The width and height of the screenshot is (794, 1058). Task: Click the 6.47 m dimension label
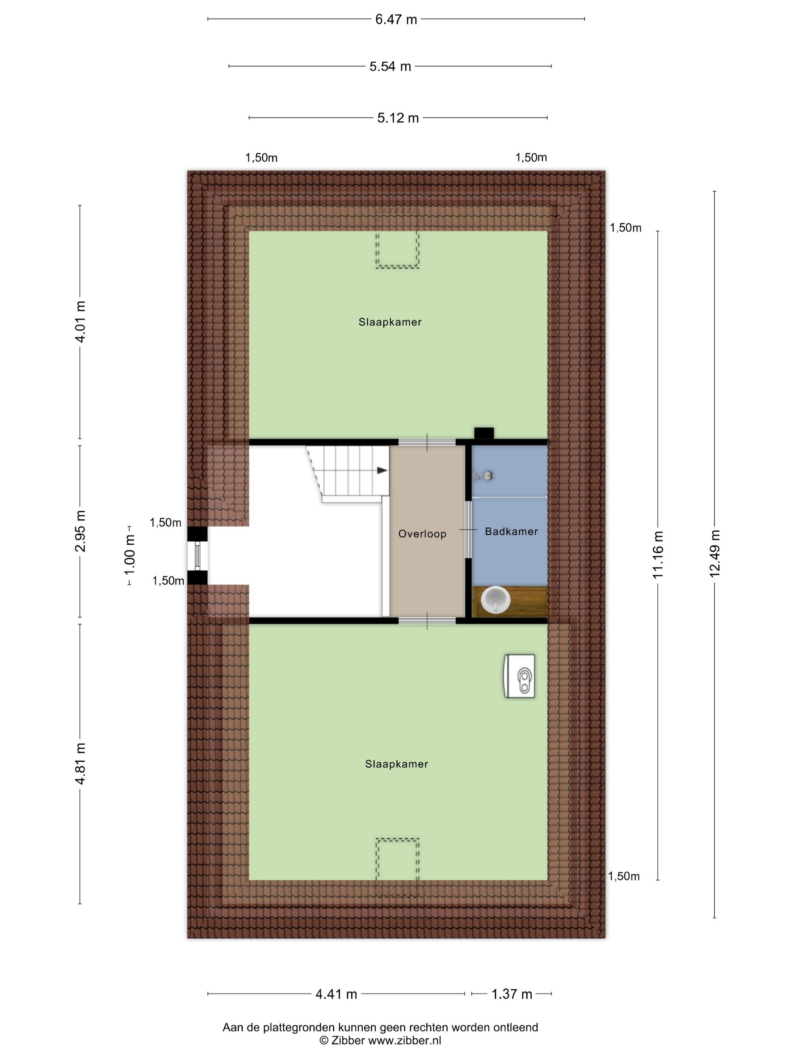point(396,20)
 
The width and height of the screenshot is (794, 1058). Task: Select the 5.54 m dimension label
point(390,67)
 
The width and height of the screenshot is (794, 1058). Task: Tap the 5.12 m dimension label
point(398,118)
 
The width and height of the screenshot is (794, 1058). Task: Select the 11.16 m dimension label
point(658,555)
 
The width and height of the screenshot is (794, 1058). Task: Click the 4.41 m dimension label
point(336,994)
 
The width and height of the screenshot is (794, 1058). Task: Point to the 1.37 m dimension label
point(512,994)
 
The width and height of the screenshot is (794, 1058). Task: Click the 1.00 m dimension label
point(130,555)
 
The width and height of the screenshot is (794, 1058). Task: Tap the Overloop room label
point(422,534)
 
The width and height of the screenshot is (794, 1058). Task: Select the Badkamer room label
point(511,531)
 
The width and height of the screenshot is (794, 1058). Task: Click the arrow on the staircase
point(382,471)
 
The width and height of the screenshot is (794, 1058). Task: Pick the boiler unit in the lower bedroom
point(519,676)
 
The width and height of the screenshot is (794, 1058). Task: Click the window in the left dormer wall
point(197,556)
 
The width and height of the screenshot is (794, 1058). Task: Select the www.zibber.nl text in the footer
point(404,1041)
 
